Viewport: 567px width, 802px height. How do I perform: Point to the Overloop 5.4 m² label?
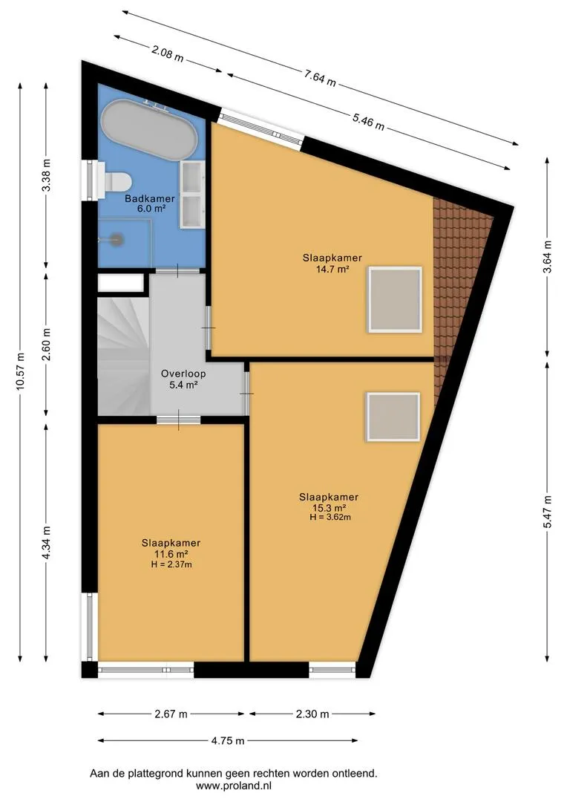pos(183,379)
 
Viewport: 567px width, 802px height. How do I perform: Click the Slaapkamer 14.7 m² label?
pos(332,264)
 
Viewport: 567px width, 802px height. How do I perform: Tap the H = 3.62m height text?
pos(330,517)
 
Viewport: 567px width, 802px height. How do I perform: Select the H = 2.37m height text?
pos(171,564)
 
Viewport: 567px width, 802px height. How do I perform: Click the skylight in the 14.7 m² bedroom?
pos(395,300)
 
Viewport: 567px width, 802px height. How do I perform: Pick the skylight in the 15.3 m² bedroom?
pos(393,417)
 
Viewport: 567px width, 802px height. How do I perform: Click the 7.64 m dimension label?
pos(320,78)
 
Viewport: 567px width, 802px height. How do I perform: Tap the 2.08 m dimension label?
pos(168,53)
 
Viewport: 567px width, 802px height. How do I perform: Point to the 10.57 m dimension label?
pos(20,371)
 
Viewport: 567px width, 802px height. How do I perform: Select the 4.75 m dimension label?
pos(228,740)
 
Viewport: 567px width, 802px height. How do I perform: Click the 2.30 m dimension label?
pos(312,714)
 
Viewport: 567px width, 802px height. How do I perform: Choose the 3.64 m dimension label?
pos(548,257)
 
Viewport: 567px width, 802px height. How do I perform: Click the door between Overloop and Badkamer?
pos(177,270)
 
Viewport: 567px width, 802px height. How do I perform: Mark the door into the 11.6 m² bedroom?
pos(178,420)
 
